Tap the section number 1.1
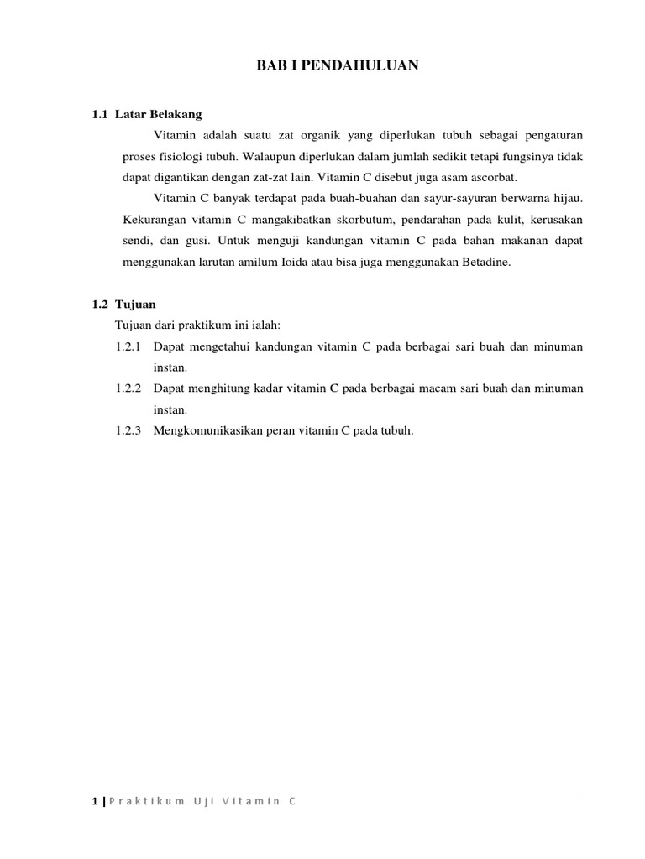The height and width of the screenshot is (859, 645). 100,114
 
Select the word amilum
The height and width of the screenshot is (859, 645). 275,262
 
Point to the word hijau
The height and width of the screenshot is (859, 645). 566,198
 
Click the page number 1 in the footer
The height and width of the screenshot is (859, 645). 95,802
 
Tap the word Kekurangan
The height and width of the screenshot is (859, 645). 153,219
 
